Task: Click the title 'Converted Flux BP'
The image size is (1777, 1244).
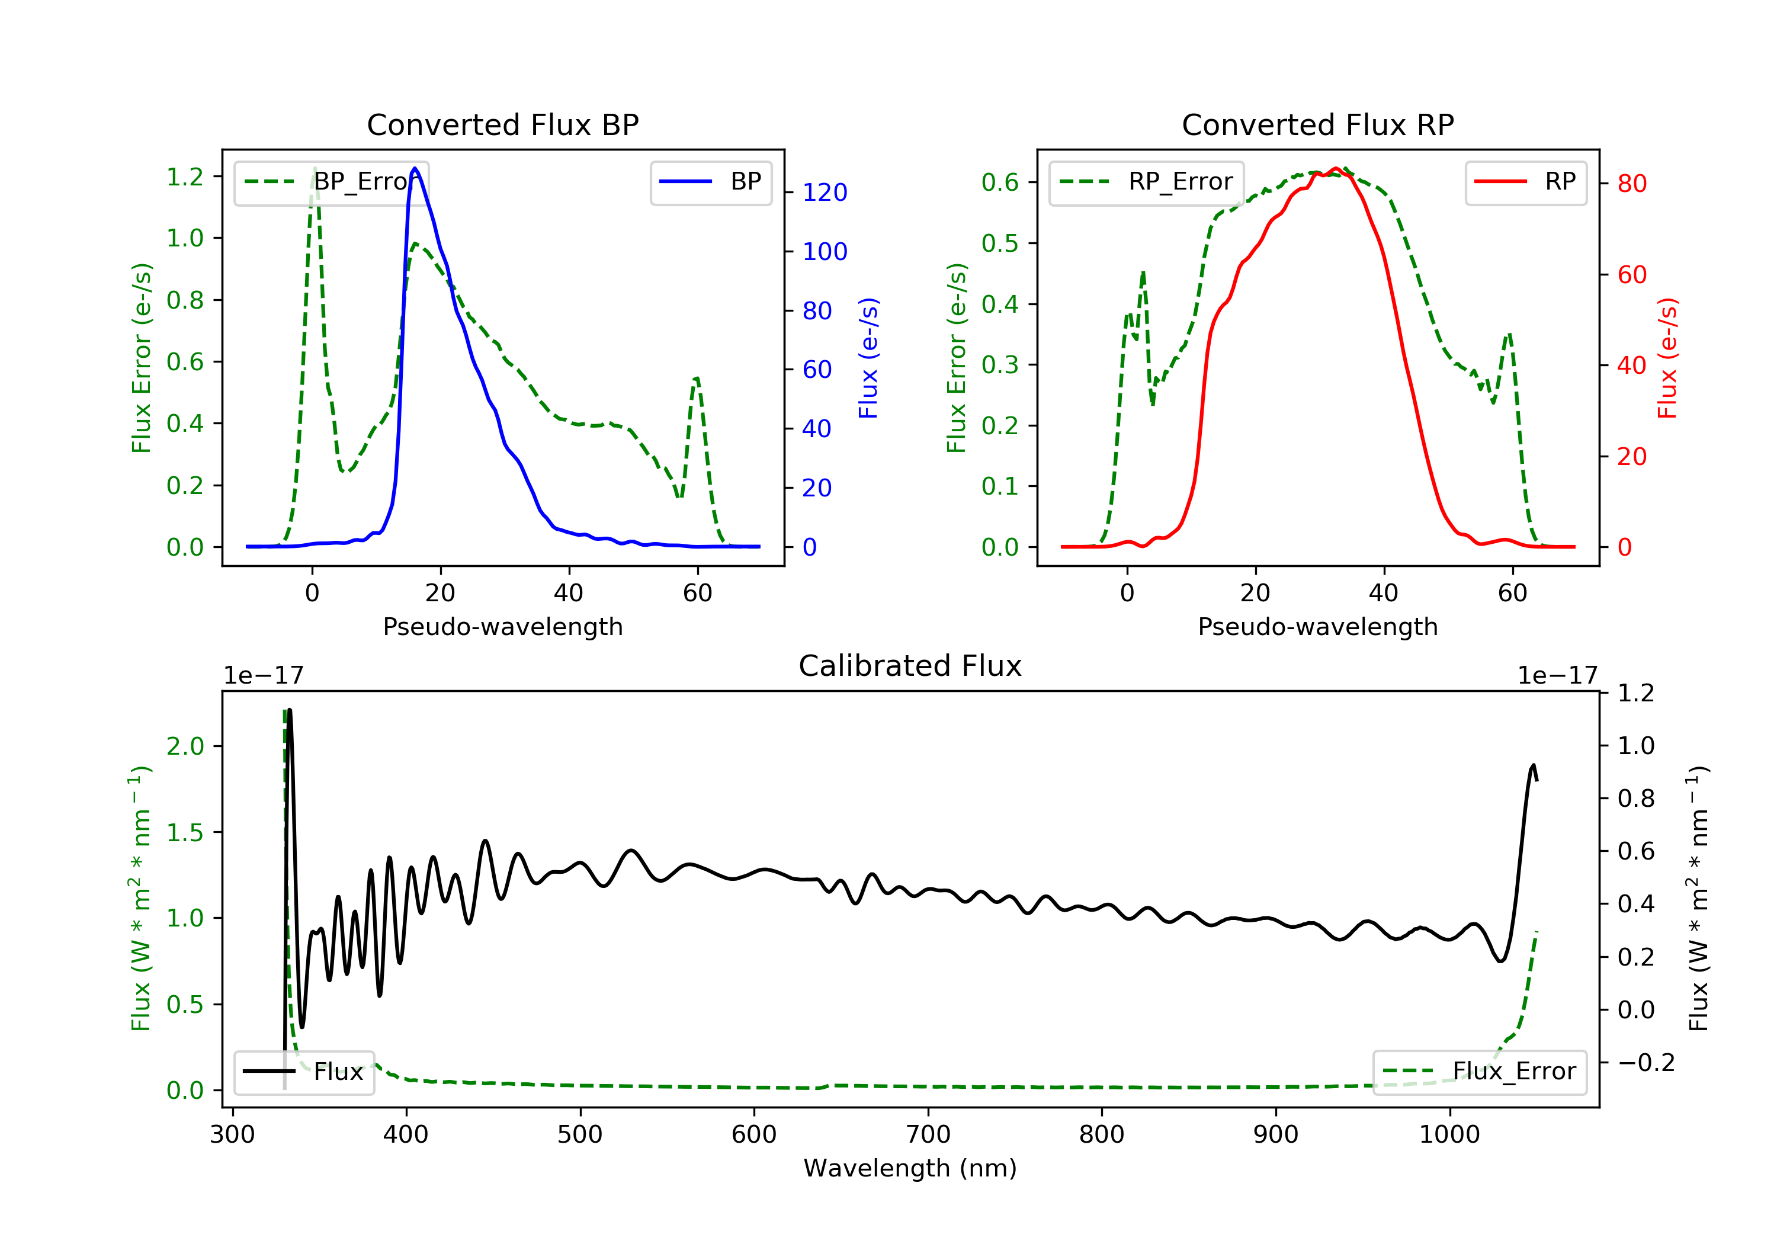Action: click(502, 124)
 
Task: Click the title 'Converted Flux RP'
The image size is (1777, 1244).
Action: click(1317, 124)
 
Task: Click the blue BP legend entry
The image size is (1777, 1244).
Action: click(710, 182)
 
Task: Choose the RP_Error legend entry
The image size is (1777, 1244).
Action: click(1146, 182)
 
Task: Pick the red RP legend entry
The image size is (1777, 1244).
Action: click(1525, 182)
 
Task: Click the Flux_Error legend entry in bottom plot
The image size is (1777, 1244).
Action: click(1479, 1072)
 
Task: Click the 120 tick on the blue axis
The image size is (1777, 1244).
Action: click(825, 192)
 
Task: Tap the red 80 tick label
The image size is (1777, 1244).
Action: click(1631, 184)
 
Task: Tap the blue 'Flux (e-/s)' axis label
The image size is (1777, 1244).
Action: click(868, 358)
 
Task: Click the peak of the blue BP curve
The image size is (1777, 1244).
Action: click(415, 168)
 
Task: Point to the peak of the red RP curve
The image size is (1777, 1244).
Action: click(1336, 169)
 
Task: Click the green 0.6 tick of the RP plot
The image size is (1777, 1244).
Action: click(1000, 182)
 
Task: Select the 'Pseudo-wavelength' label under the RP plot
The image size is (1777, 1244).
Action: click(1317, 626)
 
